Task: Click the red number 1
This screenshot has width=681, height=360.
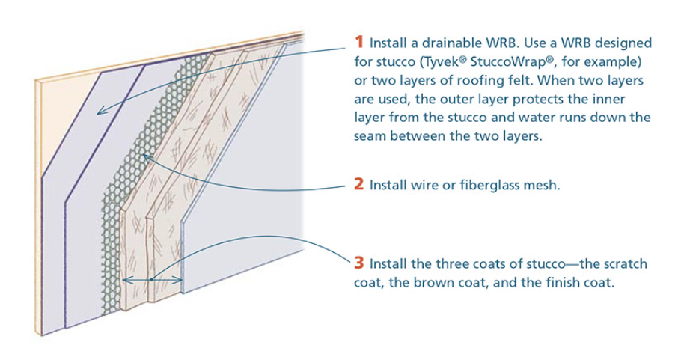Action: [358, 42]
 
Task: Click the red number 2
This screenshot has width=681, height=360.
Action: [359, 184]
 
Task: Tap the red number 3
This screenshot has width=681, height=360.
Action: [359, 263]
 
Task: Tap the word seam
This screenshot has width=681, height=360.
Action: [373, 138]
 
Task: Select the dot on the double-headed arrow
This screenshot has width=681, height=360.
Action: [151, 280]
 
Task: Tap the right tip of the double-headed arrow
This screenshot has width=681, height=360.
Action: [181, 281]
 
